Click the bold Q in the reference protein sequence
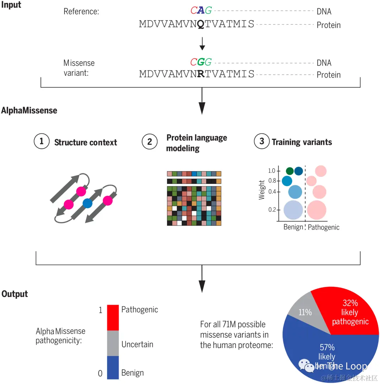(x=200, y=24)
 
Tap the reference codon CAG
(x=201, y=11)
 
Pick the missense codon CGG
(x=201, y=62)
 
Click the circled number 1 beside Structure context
(x=42, y=142)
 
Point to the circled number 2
(x=150, y=142)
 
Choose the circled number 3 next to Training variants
(x=261, y=142)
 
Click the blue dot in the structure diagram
(x=87, y=203)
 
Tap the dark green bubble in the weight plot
(x=290, y=171)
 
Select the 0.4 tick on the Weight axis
(x=272, y=192)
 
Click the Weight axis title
(x=261, y=190)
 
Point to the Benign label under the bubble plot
(x=293, y=227)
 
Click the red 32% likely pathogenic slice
(x=348, y=312)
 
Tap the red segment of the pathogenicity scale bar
(x=113, y=317)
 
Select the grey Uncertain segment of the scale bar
(x=113, y=343)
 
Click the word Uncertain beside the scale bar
(x=137, y=344)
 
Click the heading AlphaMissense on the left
(x=29, y=110)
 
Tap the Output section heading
(x=15, y=294)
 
